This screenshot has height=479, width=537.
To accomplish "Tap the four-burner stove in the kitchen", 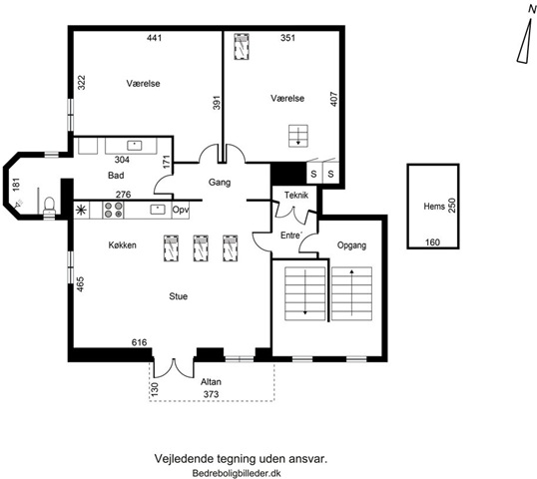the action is [114, 210].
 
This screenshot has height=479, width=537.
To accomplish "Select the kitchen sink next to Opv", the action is [158, 210].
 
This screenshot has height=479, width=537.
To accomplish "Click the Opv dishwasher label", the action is [181, 210].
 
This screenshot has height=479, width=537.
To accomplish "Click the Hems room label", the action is [434, 207].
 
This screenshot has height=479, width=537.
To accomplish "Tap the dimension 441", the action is [154, 38].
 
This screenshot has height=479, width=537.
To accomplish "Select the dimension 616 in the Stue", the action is [140, 342].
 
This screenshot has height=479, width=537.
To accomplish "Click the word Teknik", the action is [296, 196].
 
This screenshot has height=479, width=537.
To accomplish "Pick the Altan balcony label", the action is [211, 382].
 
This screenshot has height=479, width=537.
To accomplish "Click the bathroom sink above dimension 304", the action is [135, 146].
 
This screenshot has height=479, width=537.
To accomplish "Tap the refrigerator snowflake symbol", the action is [82, 210].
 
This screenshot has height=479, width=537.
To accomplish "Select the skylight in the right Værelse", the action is [242, 47].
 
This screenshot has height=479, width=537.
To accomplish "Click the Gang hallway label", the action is [220, 183].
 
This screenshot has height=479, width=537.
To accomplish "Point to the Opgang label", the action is [351, 245].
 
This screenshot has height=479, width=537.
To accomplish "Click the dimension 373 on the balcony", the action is [211, 394].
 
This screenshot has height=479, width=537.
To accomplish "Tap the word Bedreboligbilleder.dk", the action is [237, 473].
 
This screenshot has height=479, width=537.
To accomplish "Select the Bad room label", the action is [116, 176].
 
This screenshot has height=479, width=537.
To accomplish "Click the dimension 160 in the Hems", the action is [432, 242].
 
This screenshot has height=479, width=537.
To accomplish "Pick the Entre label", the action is [291, 236].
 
